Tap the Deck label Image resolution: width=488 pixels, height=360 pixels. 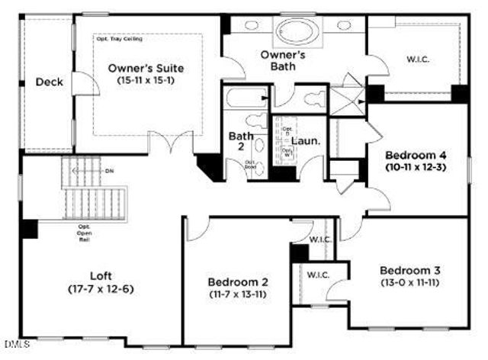(x=49, y=82)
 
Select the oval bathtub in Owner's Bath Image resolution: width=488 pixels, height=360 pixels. (x=294, y=32)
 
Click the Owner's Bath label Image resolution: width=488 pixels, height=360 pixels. (x=283, y=61)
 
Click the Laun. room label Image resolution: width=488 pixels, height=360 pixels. (x=306, y=141)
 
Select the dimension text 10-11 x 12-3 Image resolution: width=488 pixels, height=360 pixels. (x=416, y=166)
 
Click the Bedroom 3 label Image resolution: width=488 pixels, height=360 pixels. (x=409, y=271)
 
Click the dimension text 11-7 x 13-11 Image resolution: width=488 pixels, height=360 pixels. (x=237, y=294)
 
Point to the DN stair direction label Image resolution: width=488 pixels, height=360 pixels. (x=110, y=171)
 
